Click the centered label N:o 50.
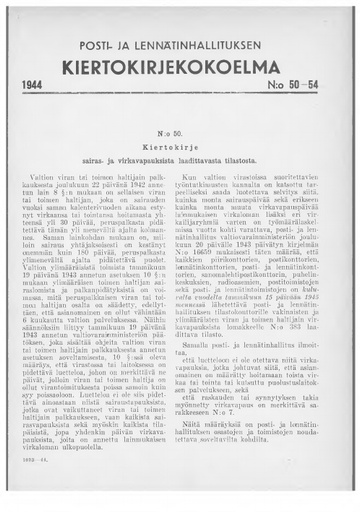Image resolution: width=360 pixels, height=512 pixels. (x=179, y=133)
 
